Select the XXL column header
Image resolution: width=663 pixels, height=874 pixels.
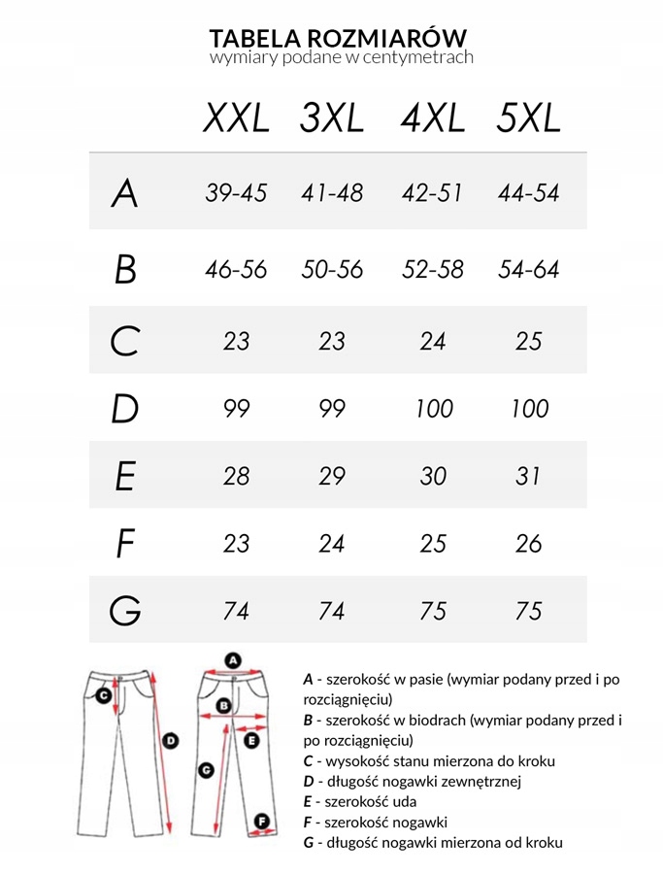click(x=236, y=118)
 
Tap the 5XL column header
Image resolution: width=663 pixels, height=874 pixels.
click(x=528, y=118)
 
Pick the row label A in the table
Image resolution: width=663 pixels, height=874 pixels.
click(x=124, y=194)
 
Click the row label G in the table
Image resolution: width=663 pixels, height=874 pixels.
click(x=125, y=612)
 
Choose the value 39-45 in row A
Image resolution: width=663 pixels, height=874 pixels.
click(x=236, y=193)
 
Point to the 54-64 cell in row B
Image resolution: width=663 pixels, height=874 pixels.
click(x=529, y=270)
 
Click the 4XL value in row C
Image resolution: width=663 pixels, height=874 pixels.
click(x=433, y=342)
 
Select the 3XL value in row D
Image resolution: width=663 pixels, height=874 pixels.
click(x=332, y=409)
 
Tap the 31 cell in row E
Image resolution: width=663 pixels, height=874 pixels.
click(x=529, y=477)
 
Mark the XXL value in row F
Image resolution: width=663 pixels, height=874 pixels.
click(x=236, y=544)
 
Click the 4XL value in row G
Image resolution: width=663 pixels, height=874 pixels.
click(x=433, y=612)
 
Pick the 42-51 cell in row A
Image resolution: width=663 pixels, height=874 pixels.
click(x=433, y=193)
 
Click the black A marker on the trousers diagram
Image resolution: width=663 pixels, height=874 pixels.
click(x=233, y=660)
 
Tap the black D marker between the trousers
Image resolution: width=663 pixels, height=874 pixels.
click(x=171, y=741)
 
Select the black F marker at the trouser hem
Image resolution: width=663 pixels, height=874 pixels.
click(x=261, y=822)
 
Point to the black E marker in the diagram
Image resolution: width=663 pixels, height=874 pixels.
click(x=251, y=741)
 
